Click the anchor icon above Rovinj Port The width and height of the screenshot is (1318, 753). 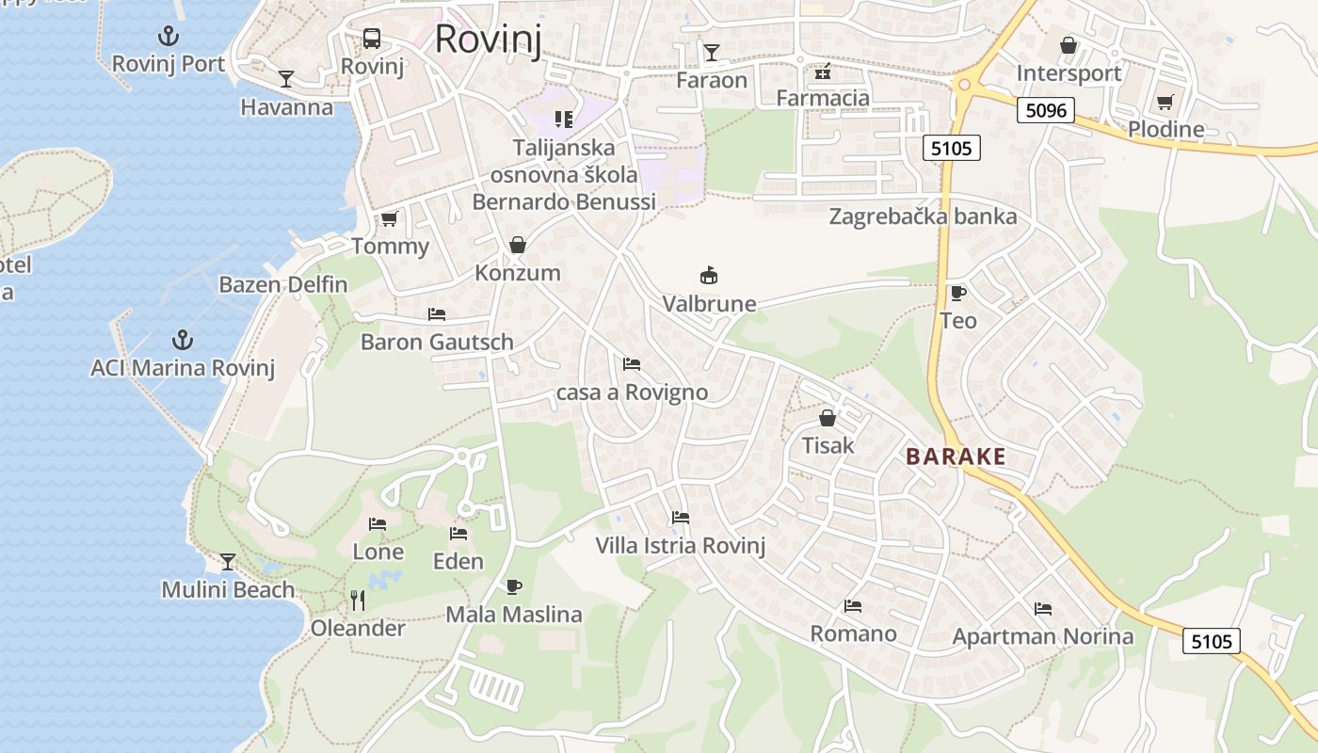point(168,37)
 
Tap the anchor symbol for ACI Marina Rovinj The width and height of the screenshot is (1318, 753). point(182,340)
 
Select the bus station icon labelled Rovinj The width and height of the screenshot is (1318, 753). point(372,39)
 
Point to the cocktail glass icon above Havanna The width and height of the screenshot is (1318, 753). point(286,79)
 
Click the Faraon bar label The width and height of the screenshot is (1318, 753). point(712,80)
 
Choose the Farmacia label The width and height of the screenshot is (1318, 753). point(823,97)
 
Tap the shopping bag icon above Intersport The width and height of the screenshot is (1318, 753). point(1069,45)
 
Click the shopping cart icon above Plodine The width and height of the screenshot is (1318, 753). point(1165,102)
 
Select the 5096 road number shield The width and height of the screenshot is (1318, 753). point(1046,110)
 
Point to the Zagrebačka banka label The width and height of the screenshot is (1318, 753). point(923,216)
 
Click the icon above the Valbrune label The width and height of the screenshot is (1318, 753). point(709,276)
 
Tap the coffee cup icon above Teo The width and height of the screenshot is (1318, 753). point(958,293)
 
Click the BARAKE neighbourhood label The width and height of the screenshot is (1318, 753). point(956,457)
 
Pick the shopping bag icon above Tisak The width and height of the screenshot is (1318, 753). point(828,417)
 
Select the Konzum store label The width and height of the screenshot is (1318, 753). point(518,273)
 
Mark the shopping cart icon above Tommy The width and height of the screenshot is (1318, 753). point(389,219)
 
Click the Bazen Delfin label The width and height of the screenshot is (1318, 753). point(283,284)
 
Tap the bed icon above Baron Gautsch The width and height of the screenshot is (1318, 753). point(437,313)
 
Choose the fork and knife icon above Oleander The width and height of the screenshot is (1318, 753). point(358,601)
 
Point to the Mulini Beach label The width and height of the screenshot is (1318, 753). point(228,590)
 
